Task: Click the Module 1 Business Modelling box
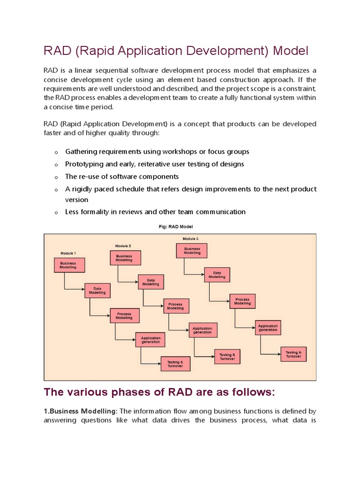coord(71,266)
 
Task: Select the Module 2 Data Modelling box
coord(150,282)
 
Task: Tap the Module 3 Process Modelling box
coord(242,301)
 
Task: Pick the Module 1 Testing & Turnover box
coord(175,363)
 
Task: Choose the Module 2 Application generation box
coord(202,330)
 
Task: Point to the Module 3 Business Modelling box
coord(192,251)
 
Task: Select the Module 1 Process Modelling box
coord(124,315)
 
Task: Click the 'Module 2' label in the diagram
coord(123,246)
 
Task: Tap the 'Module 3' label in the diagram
coord(191,239)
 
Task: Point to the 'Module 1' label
coord(68,253)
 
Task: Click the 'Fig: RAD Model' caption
coord(180,226)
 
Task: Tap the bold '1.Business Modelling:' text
coord(80,411)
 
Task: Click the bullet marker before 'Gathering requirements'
coord(56,152)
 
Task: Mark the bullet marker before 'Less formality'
coord(56,212)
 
